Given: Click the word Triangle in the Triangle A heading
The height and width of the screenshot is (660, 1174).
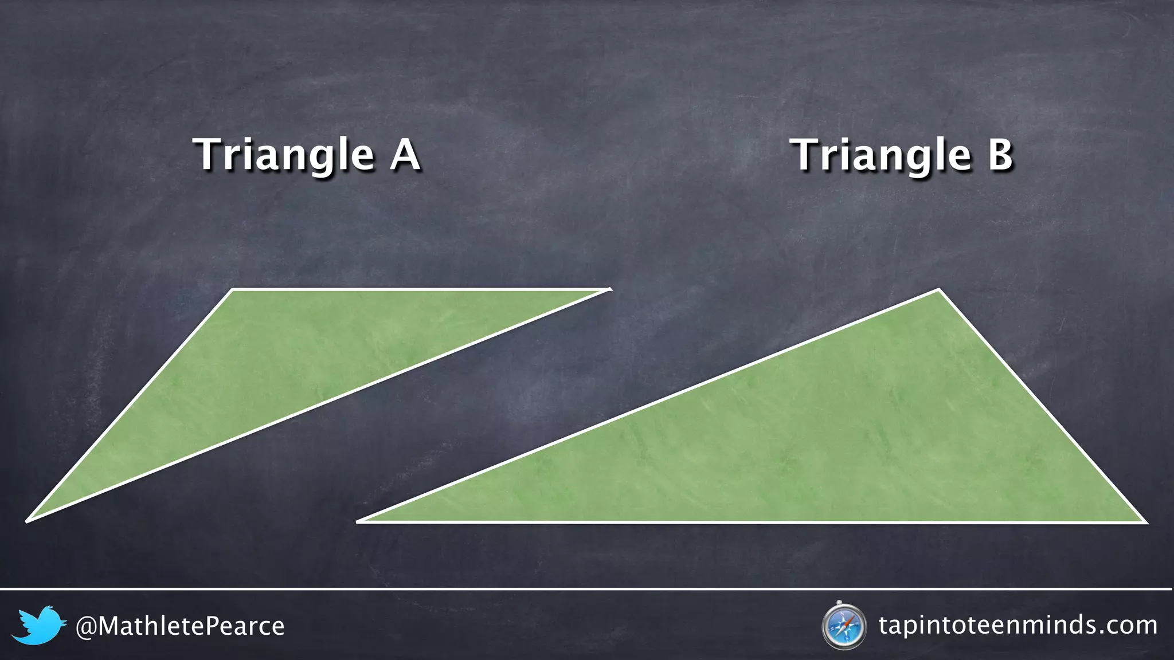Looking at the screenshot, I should [x=284, y=155].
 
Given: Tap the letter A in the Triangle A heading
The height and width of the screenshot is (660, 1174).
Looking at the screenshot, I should [x=405, y=155].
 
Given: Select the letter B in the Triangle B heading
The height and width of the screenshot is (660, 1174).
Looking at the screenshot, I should [x=1000, y=155].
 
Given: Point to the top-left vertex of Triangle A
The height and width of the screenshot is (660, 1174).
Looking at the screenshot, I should [x=232, y=290].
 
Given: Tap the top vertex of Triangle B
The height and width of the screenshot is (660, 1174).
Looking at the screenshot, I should [x=938, y=290].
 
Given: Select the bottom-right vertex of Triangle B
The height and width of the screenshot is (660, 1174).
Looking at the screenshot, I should [x=1145, y=522].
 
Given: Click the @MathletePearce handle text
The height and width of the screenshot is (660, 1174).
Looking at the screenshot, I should [x=180, y=626].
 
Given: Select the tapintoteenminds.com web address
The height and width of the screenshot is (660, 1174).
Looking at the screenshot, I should [x=1018, y=625].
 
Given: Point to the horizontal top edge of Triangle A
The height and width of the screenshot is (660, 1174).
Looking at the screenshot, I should [x=418, y=290].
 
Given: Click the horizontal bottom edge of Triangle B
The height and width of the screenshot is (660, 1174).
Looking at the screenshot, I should [x=751, y=522].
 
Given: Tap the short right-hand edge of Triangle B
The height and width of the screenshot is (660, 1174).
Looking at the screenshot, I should [x=1042, y=406].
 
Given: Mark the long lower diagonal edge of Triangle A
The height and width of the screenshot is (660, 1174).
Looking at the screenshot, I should [x=319, y=406].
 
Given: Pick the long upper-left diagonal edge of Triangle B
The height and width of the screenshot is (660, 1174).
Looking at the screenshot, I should [x=648, y=406].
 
